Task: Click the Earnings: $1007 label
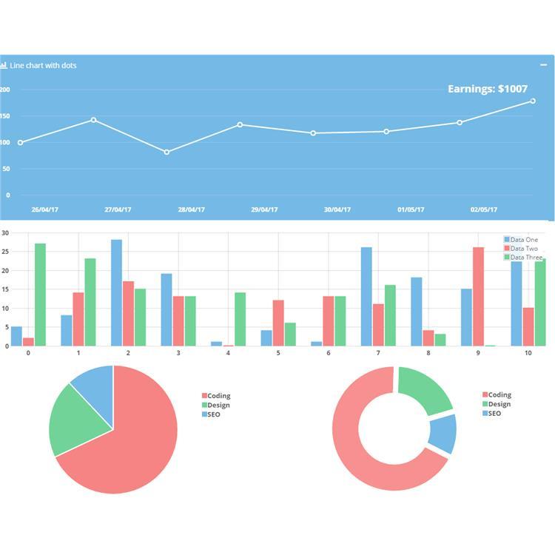[488, 89]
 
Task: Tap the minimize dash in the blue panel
[544, 65]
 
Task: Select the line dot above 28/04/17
[166, 152]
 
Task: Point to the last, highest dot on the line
[533, 101]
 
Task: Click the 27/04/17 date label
[118, 209]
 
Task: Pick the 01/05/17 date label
[411, 209]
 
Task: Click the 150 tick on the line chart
[6, 116]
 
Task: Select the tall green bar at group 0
[40, 295]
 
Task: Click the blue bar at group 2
[116, 292]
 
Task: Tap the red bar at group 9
[478, 296]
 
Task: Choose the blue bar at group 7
[366, 296]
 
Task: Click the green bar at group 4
[240, 319]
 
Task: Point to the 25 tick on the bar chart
[4, 252]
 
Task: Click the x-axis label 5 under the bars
[278, 354]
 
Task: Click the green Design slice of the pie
[72, 418]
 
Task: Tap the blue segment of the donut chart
[443, 433]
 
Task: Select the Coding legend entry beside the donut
[499, 395]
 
